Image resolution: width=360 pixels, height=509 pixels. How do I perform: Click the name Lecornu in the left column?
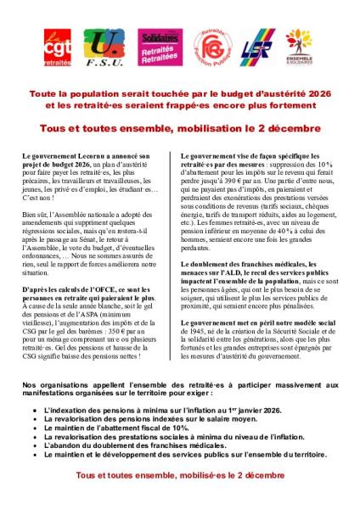(x=121, y=158)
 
